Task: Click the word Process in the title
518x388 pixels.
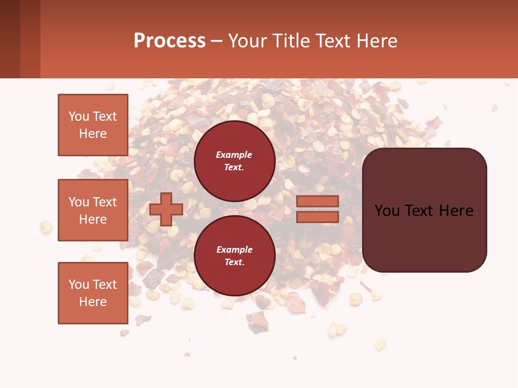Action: [169, 40]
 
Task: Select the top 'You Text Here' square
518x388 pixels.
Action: [93, 125]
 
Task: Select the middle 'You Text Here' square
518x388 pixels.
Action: [93, 210]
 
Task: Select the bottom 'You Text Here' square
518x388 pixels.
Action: [93, 293]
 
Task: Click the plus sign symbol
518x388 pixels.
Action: [166, 209]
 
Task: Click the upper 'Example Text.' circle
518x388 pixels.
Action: [234, 161]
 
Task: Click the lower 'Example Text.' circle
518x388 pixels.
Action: [234, 256]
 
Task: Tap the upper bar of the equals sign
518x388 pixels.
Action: [317, 201]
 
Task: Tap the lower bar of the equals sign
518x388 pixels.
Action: [317, 217]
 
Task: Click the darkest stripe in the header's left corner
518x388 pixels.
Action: [10, 39]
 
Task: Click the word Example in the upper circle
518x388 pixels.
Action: [234, 155]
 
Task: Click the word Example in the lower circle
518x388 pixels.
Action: [234, 250]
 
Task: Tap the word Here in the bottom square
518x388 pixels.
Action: [93, 302]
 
